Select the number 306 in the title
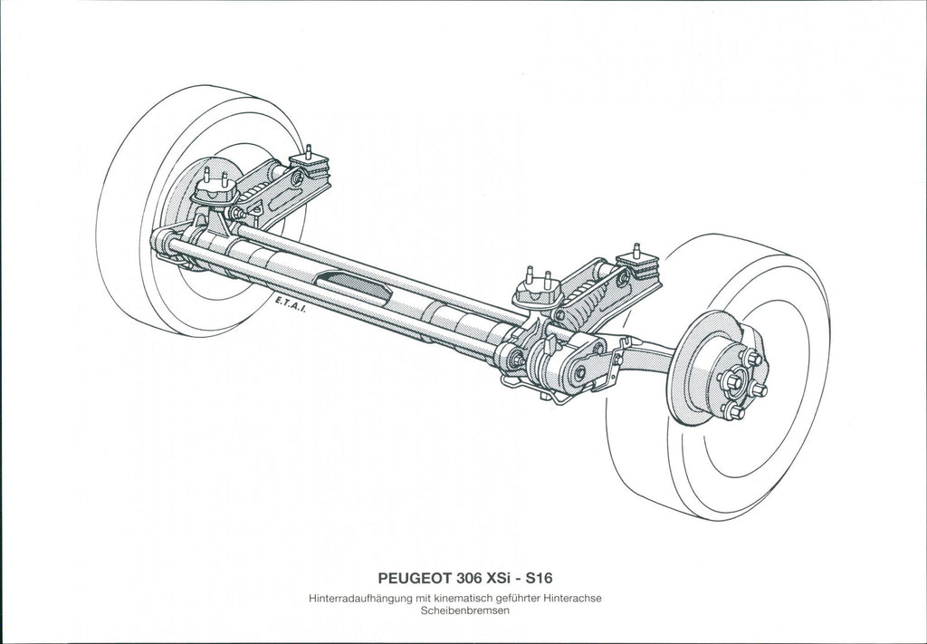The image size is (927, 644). [469, 577]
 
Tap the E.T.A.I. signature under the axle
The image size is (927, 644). [291, 304]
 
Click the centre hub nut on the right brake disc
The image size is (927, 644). [731, 382]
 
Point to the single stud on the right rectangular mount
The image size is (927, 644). [636, 250]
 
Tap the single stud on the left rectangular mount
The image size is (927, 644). [308, 150]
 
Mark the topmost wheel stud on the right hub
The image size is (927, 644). [751, 357]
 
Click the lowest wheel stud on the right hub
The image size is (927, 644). [732, 410]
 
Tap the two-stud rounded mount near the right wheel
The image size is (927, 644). [538, 291]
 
